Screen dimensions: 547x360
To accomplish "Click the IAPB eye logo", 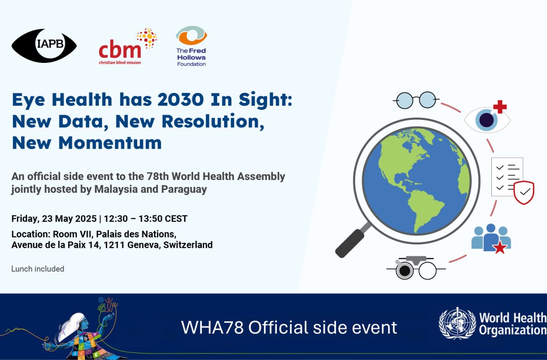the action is [x=44, y=46].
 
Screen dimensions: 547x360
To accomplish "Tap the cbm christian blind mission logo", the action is [x=128, y=46].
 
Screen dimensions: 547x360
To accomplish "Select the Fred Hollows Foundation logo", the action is [x=191, y=46].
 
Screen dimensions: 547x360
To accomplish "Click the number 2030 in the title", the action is [x=181, y=100].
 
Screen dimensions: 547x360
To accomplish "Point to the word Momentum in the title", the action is [x=110, y=143].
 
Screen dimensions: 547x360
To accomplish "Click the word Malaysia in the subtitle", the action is [x=116, y=189].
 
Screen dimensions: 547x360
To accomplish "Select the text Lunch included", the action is [x=38, y=269].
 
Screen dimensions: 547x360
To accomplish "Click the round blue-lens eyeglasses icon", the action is [x=416, y=100].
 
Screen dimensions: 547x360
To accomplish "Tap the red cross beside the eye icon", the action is [x=500, y=107].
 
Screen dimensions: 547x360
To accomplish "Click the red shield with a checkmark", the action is [x=524, y=193].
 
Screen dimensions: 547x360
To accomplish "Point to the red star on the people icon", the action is [x=500, y=248].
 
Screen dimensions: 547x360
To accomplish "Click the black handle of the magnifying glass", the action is [x=350, y=243].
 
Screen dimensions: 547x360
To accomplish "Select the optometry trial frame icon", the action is [x=416, y=268].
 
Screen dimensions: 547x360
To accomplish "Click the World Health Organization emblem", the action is [x=457, y=324].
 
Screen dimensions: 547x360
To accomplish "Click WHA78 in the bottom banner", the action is [x=212, y=327].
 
